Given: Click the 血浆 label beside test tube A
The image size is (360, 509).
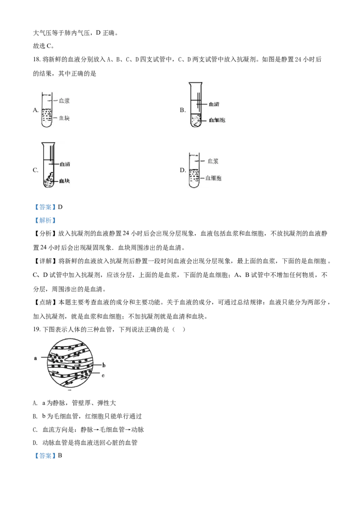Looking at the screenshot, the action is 64,101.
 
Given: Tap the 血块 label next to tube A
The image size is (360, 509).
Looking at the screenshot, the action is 64,118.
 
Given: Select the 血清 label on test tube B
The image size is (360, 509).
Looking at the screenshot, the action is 214,104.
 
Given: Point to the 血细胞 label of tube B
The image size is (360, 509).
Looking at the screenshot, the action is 217,120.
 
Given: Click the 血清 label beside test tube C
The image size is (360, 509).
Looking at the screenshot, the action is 65,164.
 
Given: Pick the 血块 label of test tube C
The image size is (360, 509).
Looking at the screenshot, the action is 64,181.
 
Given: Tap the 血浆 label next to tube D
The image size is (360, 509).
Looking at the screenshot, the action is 213,161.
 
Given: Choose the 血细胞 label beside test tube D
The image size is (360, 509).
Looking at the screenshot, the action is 213,178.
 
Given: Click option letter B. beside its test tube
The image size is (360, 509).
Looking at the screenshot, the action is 183,110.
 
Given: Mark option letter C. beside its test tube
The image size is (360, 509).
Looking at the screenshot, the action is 36,170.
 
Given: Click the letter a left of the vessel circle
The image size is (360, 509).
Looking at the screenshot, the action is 36,358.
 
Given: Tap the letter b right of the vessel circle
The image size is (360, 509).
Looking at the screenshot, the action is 104,365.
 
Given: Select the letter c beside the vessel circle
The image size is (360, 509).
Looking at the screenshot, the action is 103,375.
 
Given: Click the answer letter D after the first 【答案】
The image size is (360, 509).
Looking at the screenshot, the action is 60,207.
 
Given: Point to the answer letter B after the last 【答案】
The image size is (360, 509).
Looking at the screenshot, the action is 60,455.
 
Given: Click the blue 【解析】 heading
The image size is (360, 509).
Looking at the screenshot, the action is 45,220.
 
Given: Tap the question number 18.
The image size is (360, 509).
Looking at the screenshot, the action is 36,59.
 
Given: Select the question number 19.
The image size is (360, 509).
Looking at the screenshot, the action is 36,330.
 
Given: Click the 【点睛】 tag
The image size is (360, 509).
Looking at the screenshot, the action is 45,303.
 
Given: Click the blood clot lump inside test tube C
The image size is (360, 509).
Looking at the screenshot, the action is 49,180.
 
